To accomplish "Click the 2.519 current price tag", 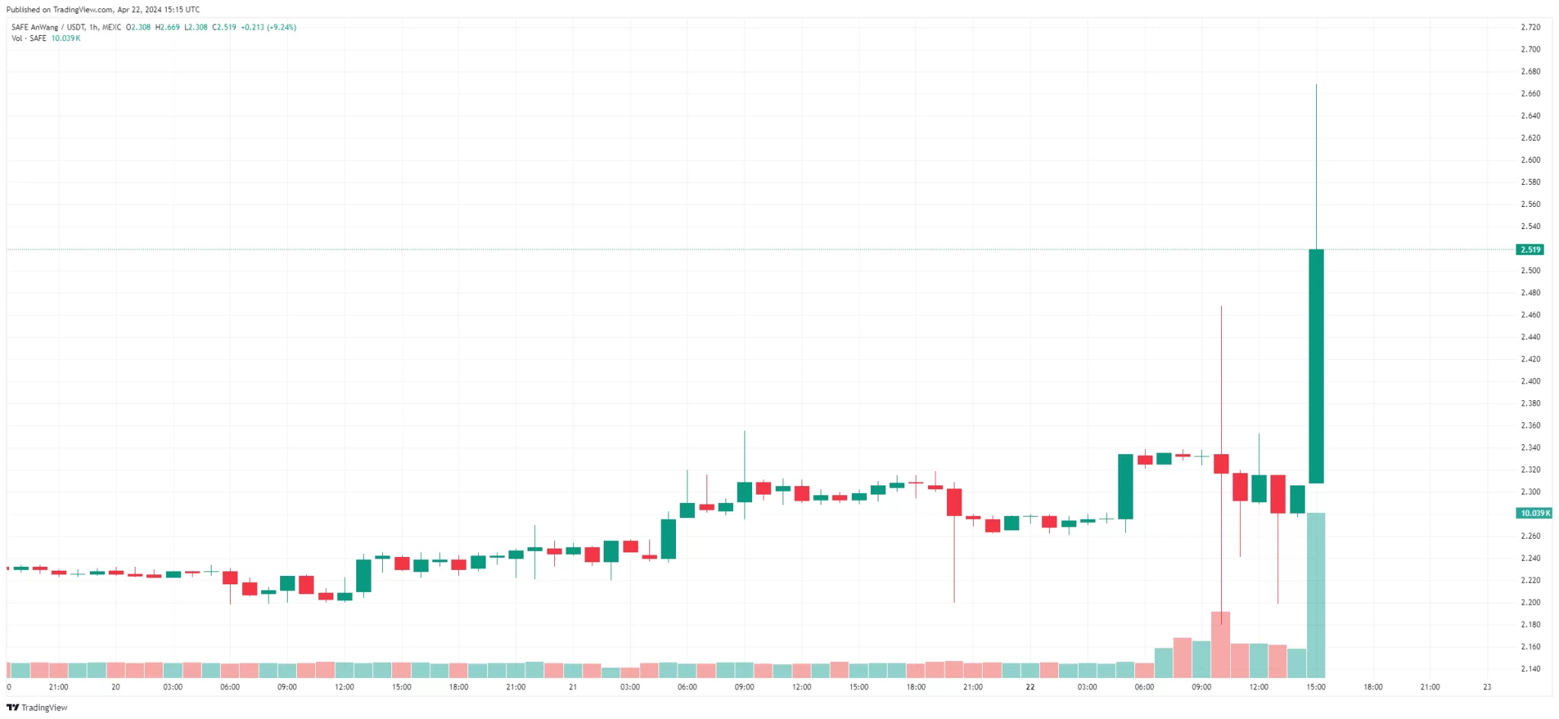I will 1530,250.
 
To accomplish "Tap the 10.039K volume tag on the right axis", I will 1534,513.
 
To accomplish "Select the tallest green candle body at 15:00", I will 1316,365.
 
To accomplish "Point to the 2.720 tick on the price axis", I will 1530,27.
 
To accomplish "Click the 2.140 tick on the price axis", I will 1530,669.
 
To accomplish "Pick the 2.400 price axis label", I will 1530,381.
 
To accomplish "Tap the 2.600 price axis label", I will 1530,160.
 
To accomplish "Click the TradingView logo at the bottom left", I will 37,708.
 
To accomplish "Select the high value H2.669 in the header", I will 167,27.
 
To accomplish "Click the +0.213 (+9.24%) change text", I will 269,27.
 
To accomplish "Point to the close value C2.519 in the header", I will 225,27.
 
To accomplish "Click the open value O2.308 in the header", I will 139,27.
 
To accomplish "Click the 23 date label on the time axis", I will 1487,687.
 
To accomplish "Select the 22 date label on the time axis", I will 1030,687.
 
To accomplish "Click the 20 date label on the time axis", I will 116,687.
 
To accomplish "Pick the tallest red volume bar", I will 1221,644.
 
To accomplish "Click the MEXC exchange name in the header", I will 112,27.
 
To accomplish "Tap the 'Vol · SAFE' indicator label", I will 29,38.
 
